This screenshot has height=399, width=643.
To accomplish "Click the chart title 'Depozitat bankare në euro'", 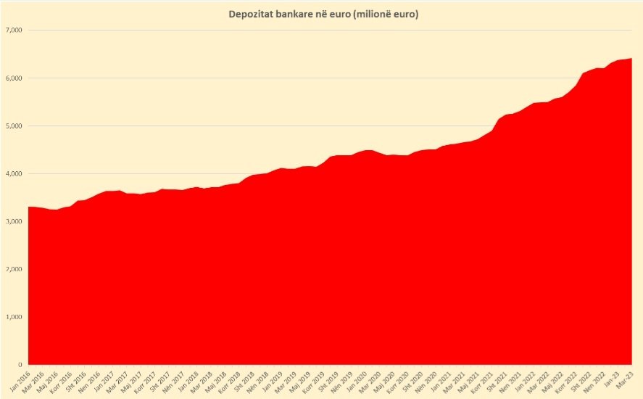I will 321,14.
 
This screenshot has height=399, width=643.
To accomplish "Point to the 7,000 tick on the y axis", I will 14,30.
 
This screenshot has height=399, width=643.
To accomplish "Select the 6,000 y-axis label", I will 14,78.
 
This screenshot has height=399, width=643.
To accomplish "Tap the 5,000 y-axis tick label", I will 14,126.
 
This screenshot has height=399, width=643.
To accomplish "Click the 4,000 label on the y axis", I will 14,174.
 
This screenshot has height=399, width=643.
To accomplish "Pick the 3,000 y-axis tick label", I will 14,221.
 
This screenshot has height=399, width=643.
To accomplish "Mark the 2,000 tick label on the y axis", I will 14,269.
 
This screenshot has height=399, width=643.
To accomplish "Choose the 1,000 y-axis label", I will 14,317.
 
